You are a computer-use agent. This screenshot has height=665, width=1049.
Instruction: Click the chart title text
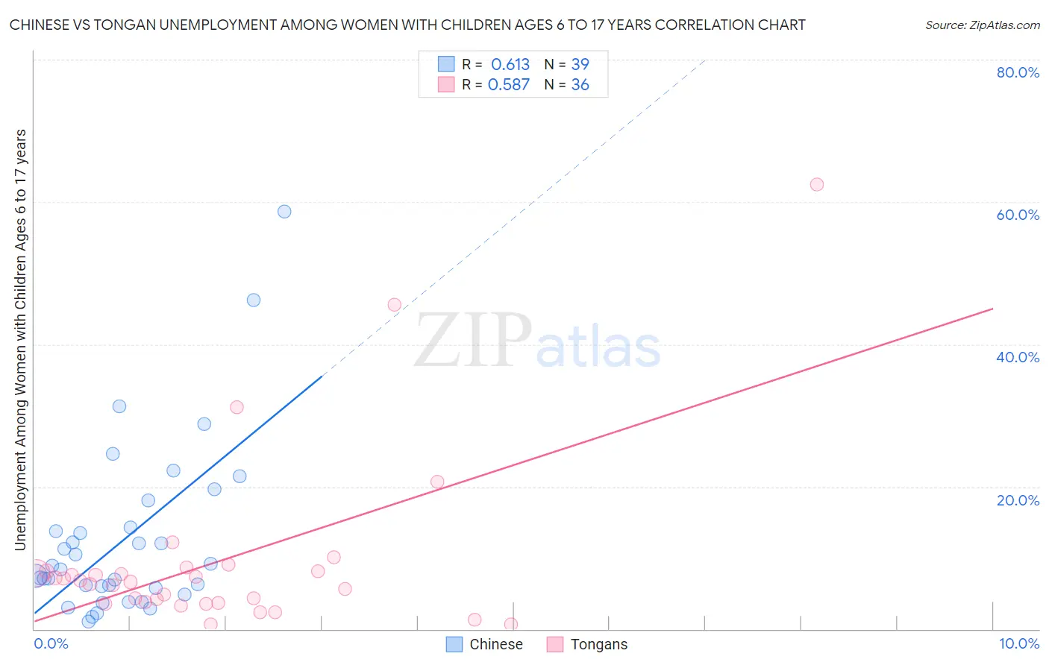[407, 25]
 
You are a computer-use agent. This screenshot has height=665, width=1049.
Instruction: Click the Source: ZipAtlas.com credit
[982, 25]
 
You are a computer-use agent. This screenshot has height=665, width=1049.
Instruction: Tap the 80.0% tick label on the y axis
[1018, 72]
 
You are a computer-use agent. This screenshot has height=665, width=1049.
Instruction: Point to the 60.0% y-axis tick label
[1018, 215]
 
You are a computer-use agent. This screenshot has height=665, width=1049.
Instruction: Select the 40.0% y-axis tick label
[1018, 357]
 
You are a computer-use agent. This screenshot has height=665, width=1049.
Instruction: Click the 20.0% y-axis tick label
[1018, 499]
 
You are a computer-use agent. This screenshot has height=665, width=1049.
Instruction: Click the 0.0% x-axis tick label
[51, 643]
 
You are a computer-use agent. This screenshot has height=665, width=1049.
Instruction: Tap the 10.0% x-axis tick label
[1018, 643]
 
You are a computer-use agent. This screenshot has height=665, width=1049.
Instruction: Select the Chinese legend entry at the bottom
[484, 644]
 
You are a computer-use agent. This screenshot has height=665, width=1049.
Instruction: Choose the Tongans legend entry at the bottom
[587, 644]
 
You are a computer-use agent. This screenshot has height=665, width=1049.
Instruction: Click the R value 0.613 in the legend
[510, 65]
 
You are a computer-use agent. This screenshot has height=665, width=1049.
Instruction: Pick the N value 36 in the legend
[580, 85]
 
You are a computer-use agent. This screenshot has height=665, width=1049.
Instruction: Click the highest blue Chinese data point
[284, 212]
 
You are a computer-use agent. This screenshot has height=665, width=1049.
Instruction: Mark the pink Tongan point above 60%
[817, 184]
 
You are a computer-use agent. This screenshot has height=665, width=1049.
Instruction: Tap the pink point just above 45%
[395, 304]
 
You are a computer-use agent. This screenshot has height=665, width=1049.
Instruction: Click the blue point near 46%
[254, 300]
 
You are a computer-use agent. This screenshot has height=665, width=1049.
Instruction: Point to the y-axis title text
[21, 339]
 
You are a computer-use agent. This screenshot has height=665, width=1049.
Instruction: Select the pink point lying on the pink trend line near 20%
[437, 482]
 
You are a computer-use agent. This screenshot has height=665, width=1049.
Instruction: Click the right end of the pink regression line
[992, 309]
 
